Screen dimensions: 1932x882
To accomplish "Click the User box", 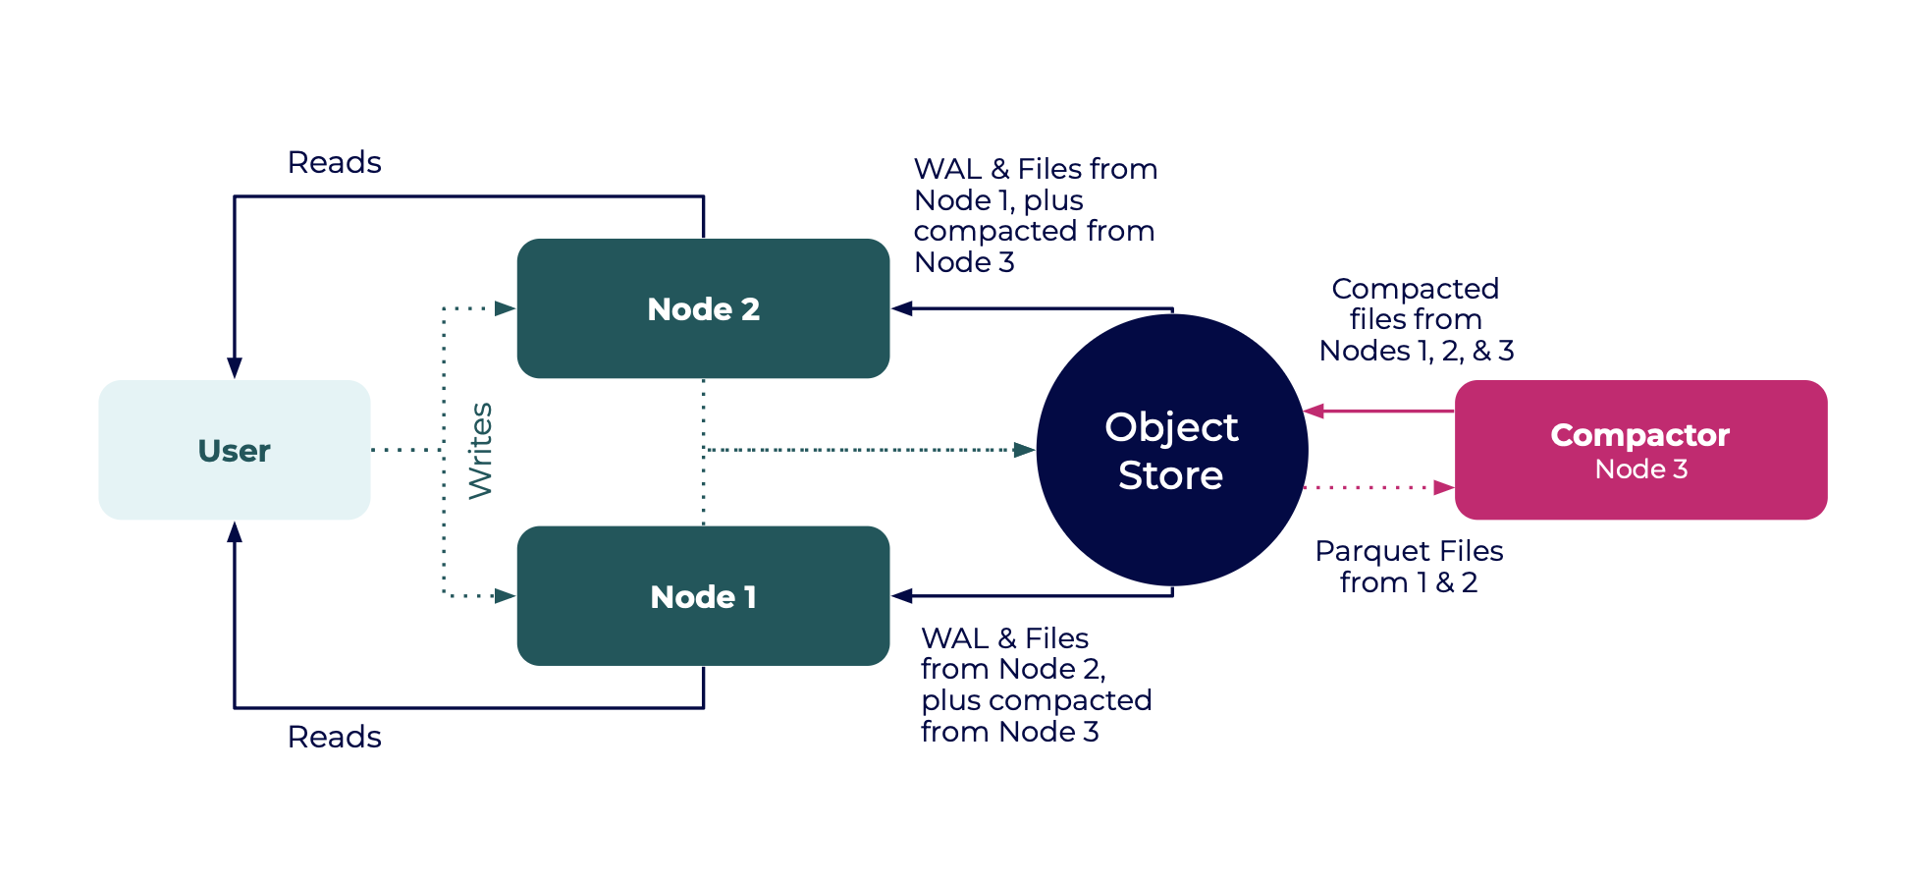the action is coord(234,450).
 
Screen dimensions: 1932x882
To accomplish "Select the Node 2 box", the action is coord(703,308).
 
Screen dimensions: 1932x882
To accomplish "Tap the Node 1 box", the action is coord(703,596).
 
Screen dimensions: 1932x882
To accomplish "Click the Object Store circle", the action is coord(1171,450).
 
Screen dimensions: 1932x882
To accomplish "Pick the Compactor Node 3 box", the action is coord(1640,450).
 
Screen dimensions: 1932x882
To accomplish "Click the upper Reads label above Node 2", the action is coord(334,162).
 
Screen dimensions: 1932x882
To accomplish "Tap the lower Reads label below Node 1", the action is coord(334,737).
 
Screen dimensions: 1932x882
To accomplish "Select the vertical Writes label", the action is coord(480,451).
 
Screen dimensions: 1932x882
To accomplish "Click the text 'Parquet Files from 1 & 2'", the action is coord(1409,567).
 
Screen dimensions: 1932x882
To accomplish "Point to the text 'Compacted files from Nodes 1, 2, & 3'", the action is coord(1415,319).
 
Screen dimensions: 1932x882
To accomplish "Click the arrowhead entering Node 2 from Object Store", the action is coord(902,308).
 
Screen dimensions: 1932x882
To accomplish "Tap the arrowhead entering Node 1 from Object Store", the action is coord(902,596).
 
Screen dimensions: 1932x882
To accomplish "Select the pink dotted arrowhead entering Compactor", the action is coord(1443,487).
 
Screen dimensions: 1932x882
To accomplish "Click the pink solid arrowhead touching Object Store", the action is coord(1315,411).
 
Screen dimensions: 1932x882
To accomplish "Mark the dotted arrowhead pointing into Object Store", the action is coord(1025,450).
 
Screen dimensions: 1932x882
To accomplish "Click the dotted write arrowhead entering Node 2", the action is coord(505,308).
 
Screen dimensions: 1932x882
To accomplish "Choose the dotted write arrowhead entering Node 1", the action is coord(505,596).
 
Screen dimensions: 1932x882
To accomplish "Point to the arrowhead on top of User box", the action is coord(235,368).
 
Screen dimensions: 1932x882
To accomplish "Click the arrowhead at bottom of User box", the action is coord(235,532).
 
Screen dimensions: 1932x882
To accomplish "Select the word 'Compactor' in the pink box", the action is coord(1639,435).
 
